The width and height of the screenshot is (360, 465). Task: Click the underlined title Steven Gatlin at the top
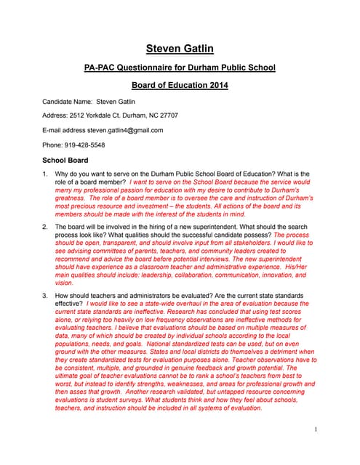pos(180,49)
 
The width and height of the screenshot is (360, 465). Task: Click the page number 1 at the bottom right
pos(315,429)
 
